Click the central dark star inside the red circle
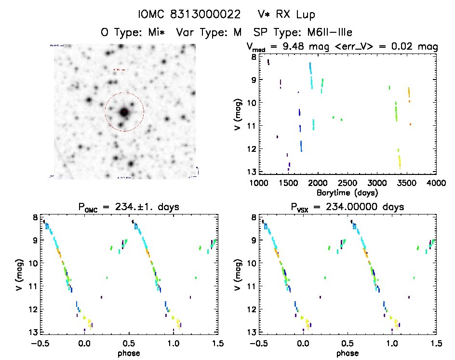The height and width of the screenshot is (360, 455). (x=124, y=112)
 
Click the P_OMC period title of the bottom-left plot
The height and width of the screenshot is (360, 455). (x=128, y=207)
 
